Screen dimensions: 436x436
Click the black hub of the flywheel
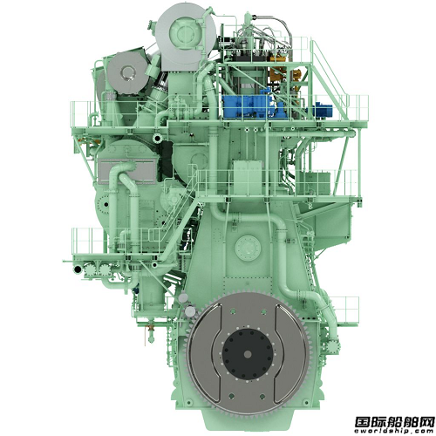click(x=248, y=354)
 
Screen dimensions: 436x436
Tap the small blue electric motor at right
click(x=324, y=110)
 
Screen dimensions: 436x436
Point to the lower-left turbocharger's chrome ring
click(x=127, y=72)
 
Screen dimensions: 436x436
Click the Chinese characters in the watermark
click(x=394, y=421)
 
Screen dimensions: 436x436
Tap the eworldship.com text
click(x=394, y=431)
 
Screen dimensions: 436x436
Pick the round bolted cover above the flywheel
click(x=248, y=248)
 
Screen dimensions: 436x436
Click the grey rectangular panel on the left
click(x=128, y=173)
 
